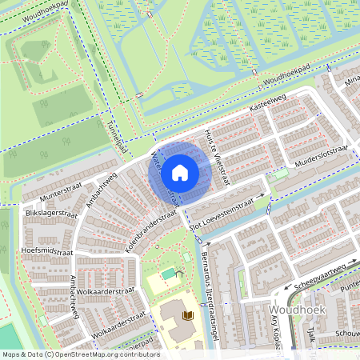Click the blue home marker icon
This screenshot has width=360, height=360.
[x=180, y=173]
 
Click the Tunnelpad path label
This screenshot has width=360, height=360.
[x=117, y=135]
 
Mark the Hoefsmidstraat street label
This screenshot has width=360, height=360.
[x=45, y=250]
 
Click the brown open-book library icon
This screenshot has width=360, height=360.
[x=189, y=317]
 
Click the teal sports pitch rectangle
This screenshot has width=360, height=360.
[x=169, y=274]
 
